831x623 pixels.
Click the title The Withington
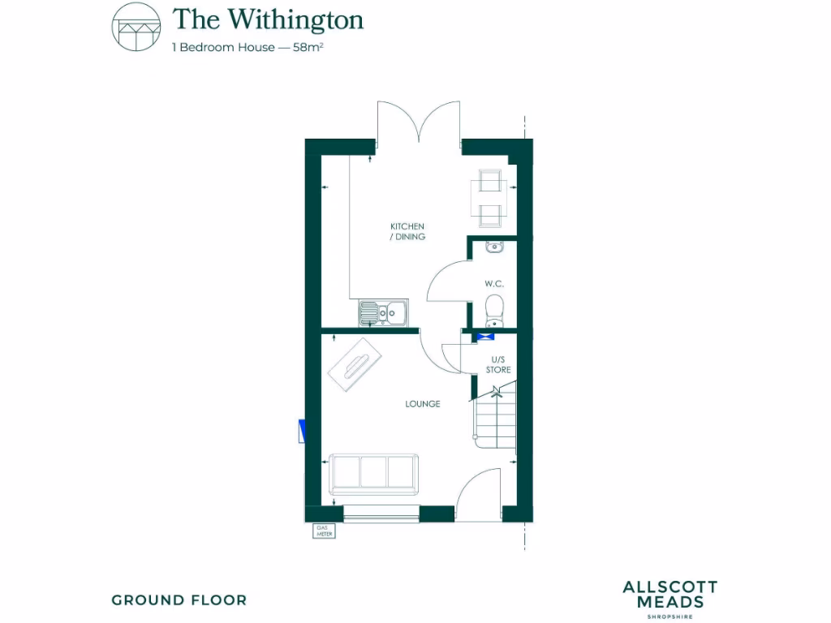[268, 19]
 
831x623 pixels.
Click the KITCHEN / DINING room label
[407, 231]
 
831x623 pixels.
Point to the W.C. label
[495, 284]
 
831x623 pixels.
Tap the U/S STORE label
[498, 364]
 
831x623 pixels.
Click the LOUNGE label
[423, 403]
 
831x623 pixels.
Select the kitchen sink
[384, 311]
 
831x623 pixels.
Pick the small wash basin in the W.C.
[493, 247]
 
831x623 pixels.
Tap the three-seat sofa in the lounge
[374, 474]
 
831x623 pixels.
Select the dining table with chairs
[490, 197]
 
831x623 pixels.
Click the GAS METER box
[324, 531]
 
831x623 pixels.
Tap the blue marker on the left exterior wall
[302, 432]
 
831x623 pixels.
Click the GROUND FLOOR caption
[179, 600]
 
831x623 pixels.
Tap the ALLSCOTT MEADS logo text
[670, 595]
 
